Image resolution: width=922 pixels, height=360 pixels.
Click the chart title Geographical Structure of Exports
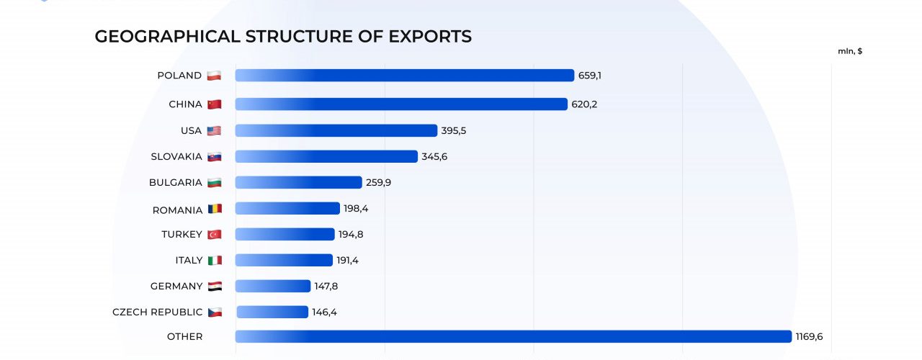coord(283,37)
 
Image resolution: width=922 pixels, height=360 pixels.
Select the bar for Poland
coord(404,76)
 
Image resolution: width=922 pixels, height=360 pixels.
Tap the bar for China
coord(401,104)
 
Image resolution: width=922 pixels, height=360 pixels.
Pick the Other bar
coord(513,336)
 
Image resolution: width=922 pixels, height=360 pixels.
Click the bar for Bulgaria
coord(298,182)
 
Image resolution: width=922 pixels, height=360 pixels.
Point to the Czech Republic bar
coord(272,312)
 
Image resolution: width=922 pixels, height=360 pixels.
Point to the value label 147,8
coord(326,286)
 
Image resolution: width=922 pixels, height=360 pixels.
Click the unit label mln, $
coord(850,51)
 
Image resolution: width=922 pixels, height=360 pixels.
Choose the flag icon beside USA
coord(214,130)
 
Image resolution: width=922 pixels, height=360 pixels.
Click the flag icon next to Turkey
coord(214,234)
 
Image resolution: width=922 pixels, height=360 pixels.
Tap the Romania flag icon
coord(215,209)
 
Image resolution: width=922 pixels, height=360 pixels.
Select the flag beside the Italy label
coord(214,260)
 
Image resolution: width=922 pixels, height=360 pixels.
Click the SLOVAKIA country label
coord(176,156)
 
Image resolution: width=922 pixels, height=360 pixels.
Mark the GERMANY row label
coord(176,286)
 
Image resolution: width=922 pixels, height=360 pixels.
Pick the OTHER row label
coord(184,336)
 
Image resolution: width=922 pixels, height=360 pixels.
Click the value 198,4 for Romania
coord(355,208)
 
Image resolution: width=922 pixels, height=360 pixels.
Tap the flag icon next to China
coord(214,104)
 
